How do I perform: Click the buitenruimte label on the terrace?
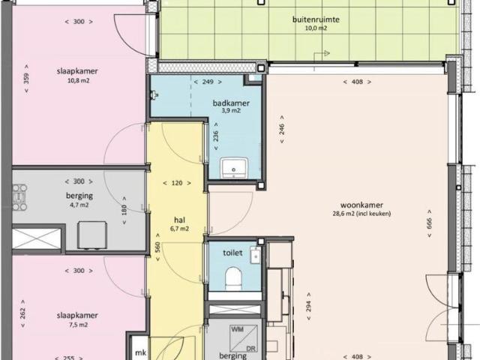tap(316, 19)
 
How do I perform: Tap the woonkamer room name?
tap(361, 205)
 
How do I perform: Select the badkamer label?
tap(231, 103)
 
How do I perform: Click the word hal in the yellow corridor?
tap(179, 220)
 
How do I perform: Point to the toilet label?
tap(232, 253)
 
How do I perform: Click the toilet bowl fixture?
tap(233, 278)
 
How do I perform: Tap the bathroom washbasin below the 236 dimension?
tap(234, 167)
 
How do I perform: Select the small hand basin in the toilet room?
tap(255, 256)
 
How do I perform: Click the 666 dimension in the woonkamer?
tap(429, 223)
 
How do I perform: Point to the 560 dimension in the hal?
tap(157, 247)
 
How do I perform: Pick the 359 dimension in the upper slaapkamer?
tap(26, 78)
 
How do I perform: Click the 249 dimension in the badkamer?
tap(208, 82)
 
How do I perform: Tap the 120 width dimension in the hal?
tap(177, 183)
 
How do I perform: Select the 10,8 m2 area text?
tap(78, 81)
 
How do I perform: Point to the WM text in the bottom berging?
tap(238, 329)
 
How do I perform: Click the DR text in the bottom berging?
tap(250, 349)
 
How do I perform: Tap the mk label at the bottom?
tap(140, 352)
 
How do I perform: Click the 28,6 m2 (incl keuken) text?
tap(361, 214)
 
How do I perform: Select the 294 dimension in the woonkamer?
tap(308, 306)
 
